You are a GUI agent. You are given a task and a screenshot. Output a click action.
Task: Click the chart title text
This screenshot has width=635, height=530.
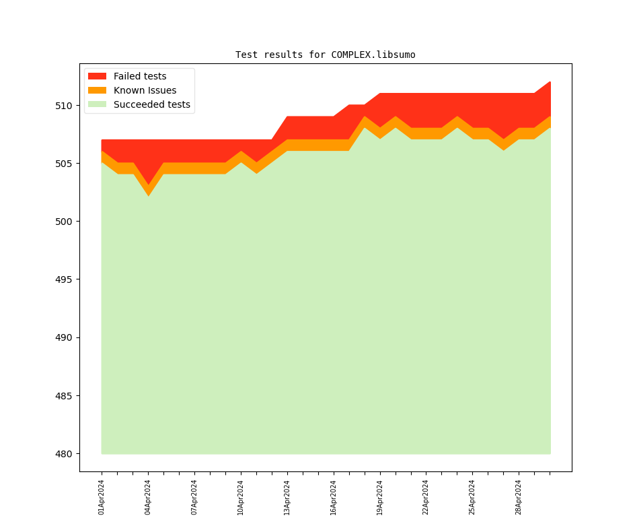pyautogui.click(x=325, y=55)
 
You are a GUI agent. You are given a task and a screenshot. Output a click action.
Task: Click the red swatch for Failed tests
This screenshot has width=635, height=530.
pyautogui.click(x=98, y=76)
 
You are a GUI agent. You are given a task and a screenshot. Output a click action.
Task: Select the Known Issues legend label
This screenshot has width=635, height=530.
pyautogui.click(x=145, y=90)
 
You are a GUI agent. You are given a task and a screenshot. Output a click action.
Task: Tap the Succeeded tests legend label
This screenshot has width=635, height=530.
pyautogui.click(x=151, y=104)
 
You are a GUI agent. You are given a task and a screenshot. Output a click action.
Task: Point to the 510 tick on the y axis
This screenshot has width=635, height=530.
pyautogui.click(x=63, y=106)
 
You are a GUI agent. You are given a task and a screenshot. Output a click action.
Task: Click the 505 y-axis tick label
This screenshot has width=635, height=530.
pyautogui.click(x=63, y=164)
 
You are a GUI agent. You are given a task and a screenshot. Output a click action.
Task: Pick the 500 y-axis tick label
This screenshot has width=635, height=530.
pyautogui.click(x=63, y=222)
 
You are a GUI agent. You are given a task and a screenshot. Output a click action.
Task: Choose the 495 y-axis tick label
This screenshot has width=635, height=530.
pyautogui.click(x=63, y=279)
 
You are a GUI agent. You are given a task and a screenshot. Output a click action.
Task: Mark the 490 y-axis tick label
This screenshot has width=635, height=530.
pyautogui.click(x=63, y=337)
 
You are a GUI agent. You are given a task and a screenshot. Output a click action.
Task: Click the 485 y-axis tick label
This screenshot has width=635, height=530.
pyautogui.click(x=63, y=396)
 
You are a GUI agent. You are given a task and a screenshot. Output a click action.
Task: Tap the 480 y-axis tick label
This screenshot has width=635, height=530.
pyautogui.click(x=63, y=454)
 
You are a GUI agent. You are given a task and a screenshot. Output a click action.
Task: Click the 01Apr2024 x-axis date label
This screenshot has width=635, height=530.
pyautogui.click(x=102, y=497)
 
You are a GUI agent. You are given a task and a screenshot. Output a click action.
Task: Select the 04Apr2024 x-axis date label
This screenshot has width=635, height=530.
pyautogui.click(x=148, y=497)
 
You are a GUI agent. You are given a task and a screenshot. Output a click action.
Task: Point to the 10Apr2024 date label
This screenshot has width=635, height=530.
pyautogui.click(x=241, y=497)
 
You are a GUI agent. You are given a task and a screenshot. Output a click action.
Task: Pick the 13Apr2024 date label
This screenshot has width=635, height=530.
pyautogui.click(x=287, y=497)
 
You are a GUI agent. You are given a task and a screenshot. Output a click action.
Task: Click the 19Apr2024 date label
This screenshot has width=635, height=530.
pyautogui.click(x=380, y=497)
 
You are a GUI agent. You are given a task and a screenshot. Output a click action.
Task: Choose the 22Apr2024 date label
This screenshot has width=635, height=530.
pyautogui.click(x=426, y=497)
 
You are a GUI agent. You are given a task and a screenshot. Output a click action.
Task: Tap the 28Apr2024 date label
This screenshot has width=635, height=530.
pyautogui.click(x=519, y=497)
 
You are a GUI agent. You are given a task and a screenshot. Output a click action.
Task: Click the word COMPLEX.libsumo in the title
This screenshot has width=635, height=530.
pyautogui.click(x=373, y=55)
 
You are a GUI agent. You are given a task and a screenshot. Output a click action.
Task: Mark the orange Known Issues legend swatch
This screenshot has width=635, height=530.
pyautogui.click(x=98, y=90)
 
